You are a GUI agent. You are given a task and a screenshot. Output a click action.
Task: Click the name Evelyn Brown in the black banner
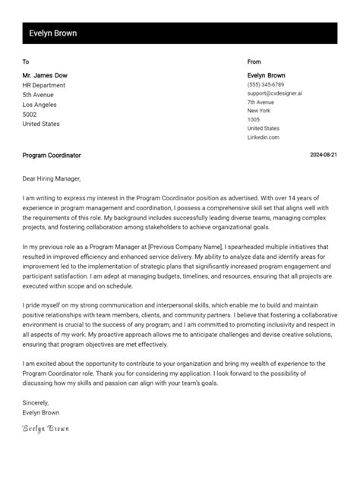[52, 33]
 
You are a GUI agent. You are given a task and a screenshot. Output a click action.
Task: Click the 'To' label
[26, 61]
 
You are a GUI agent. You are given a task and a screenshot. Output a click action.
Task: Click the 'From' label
[254, 61]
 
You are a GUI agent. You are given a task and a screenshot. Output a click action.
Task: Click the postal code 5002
[30, 114]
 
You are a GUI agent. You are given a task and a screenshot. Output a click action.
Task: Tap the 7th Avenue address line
[261, 102]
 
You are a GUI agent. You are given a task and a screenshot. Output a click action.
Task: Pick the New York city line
[259, 111]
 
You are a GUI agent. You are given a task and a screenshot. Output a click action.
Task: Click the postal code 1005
[254, 119]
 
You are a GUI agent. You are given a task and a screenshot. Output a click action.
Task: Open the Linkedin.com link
[263, 137]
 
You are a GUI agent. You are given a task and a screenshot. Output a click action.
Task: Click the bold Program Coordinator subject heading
[52, 156]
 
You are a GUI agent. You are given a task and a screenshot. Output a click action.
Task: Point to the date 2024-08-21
[324, 156]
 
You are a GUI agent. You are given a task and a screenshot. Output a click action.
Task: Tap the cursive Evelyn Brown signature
[45, 429]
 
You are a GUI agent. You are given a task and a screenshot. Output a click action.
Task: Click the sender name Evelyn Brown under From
[266, 75]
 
